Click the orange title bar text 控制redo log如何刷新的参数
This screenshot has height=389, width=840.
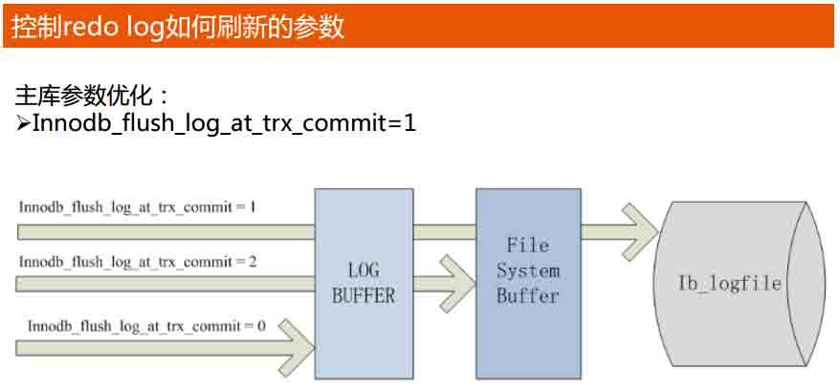[178, 26]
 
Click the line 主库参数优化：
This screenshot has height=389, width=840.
[94, 96]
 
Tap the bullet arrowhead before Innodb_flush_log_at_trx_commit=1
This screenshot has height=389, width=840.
[24, 123]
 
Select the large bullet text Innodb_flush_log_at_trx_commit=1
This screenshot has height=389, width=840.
[224, 123]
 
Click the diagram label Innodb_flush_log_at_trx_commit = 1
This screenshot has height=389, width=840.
[137, 206]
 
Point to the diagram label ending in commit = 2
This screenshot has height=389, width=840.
[137, 261]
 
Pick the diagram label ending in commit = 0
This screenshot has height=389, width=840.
[146, 326]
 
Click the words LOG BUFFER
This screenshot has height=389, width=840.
[363, 284]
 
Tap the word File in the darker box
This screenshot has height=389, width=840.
[527, 246]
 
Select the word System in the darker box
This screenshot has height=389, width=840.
[527, 270]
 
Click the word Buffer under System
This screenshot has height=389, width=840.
[527, 295]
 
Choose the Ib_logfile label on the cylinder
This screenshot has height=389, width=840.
[730, 284]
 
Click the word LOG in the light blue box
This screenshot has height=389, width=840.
[363, 271]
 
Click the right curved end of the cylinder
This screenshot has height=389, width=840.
[809, 284]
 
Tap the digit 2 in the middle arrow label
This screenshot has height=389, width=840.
[252, 261]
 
